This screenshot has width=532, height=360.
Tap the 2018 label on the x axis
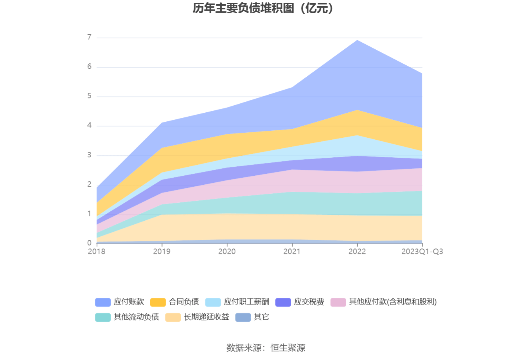click(x=97, y=251)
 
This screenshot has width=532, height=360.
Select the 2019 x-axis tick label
click(x=162, y=251)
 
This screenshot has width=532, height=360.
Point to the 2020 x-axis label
click(x=227, y=251)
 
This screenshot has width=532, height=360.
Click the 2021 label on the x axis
click(x=292, y=251)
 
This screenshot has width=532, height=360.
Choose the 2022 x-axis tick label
click(x=357, y=251)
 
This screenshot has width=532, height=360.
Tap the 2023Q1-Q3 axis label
click(x=422, y=251)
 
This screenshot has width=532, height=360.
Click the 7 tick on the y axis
click(x=90, y=37)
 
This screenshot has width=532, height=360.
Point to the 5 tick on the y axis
click(x=90, y=96)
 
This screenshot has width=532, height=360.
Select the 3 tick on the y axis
click(x=90, y=155)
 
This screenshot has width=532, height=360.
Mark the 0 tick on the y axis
click(x=90, y=243)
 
